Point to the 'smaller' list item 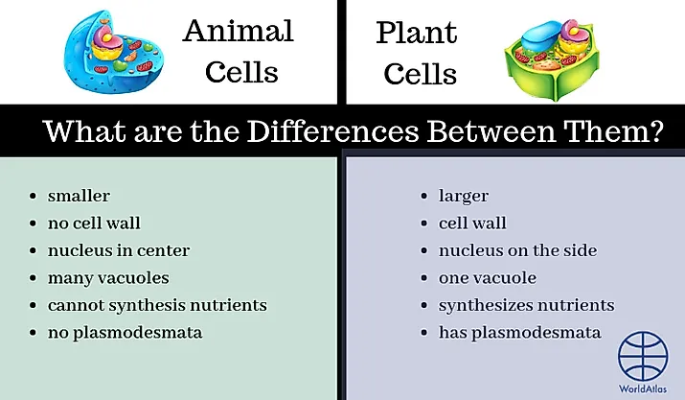79,196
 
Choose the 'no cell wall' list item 94,224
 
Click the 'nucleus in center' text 118,250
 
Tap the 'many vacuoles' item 107,278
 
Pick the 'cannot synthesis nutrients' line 156,305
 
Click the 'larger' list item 464,196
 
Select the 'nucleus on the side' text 517,250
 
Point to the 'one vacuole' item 487,278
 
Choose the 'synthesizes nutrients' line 526,305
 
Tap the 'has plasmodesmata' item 519,333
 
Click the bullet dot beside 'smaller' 34,197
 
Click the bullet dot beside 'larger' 425,197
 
